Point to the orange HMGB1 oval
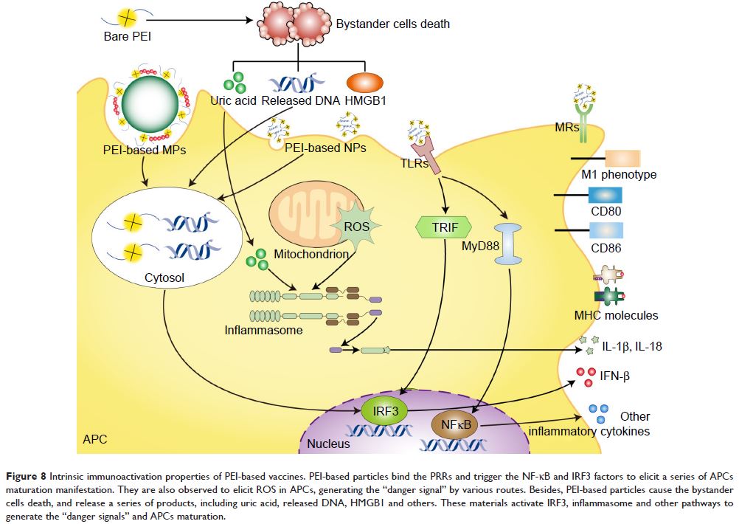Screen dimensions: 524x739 [x=366, y=82]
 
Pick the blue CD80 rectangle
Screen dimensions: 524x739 [x=606, y=195]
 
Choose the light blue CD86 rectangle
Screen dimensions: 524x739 [x=606, y=230]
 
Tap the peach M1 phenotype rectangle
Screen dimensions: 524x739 [x=623, y=158]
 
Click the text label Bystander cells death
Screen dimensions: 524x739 [x=392, y=24]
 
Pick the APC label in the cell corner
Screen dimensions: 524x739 [x=95, y=440]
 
